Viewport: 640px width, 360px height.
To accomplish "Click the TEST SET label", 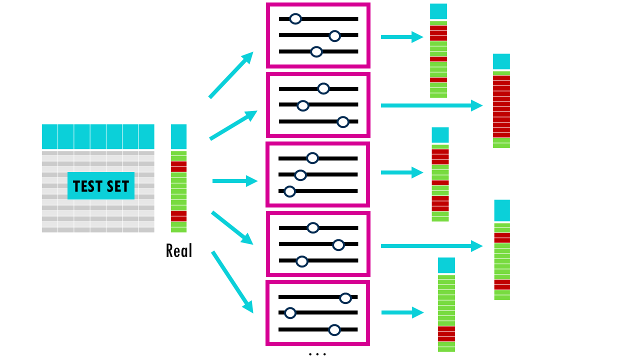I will tap(101, 186).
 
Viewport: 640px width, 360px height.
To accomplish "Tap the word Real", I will tap(178, 250).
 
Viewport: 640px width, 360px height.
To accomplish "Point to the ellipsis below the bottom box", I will tap(317, 354).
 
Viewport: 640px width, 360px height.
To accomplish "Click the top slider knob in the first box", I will tap(295, 19).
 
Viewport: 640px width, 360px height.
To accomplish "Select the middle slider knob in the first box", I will tap(335, 35).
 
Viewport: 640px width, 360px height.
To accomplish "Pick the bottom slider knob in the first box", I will tap(316, 51).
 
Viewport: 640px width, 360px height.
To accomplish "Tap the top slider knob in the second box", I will tap(323, 88).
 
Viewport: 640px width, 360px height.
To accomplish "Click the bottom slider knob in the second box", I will tap(342, 121).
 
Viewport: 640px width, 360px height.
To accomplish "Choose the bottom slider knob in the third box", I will tap(289, 191).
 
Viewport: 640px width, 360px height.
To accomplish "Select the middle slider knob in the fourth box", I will tap(338, 244).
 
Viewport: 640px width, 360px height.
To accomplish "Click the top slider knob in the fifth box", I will tap(345, 298).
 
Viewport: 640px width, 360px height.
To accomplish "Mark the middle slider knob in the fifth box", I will tap(290, 313).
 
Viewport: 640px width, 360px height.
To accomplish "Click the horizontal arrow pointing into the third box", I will tap(234, 181).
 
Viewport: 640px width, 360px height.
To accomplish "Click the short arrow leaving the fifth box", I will tap(402, 313).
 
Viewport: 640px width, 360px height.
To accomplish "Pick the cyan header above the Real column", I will tap(178, 136).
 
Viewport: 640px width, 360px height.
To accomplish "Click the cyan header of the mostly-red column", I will tap(501, 61).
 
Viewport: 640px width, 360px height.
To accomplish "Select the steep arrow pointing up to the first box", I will tap(230, 75).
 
